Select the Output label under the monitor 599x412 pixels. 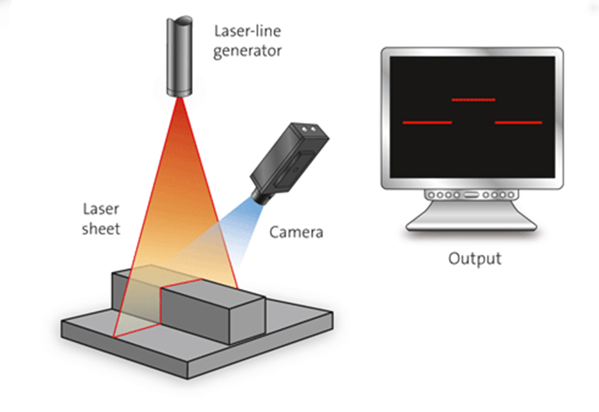(475, 258)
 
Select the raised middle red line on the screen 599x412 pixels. (473, 100)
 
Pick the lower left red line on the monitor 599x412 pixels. (426, 123)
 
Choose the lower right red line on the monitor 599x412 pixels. (518, 123)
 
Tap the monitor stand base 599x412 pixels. (472, 225)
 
